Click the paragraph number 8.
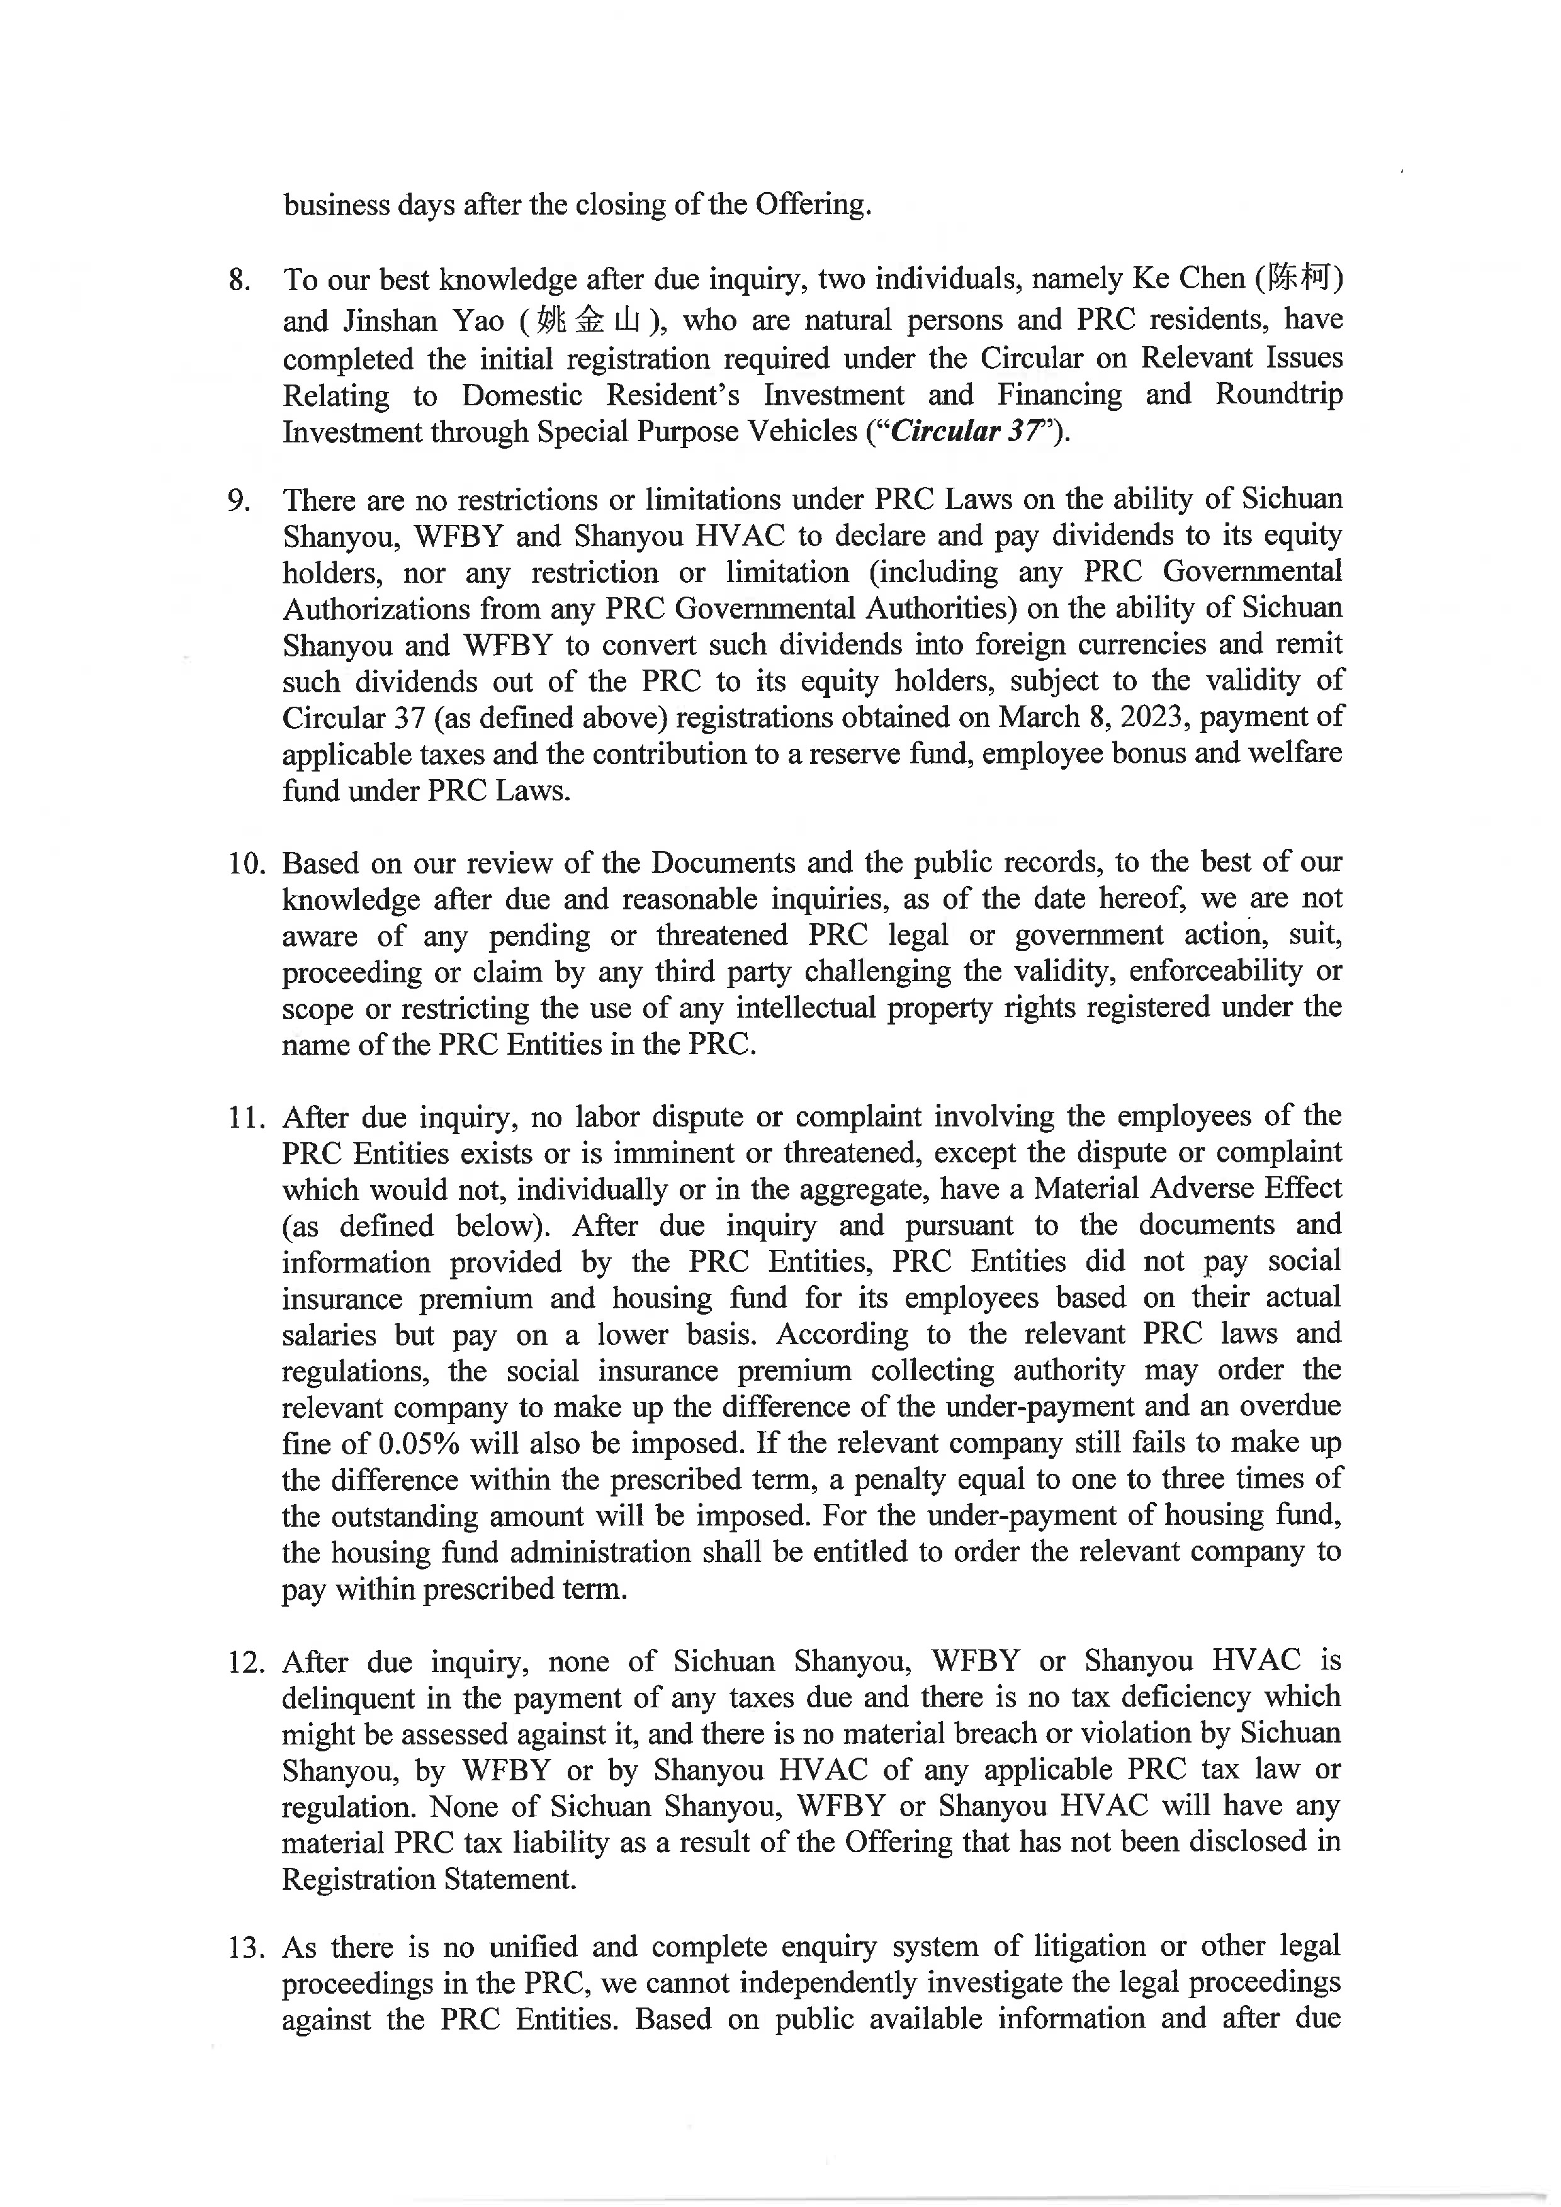(x=239, y=281)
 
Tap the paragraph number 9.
(x=239, y=501)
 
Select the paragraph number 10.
(x=246, y=863)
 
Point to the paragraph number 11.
(x=246, y=1118)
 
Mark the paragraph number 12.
(x=246, y=1663)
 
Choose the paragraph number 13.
(x=246, y=1948)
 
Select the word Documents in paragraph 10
(x=723, y=863)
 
